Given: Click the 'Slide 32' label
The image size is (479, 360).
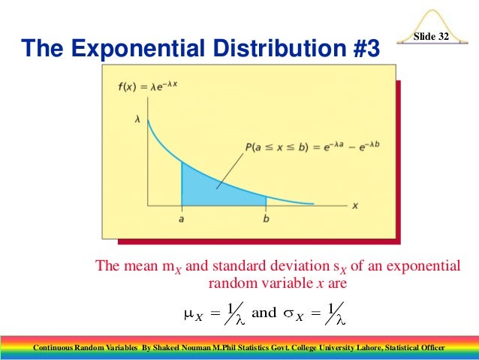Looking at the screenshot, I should pos(432,38).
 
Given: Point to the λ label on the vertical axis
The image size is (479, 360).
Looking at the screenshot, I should pos(137,119).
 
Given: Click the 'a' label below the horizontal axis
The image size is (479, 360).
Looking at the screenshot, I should pos(182,218).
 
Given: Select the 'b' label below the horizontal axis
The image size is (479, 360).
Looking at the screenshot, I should pos(267,218).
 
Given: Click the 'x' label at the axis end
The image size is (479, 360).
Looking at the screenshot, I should pos(354,204).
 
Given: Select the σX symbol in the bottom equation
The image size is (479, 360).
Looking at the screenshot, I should pos(294,314).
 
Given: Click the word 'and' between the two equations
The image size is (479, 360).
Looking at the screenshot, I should pos(264,313).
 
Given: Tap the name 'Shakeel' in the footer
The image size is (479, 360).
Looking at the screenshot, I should pos(169,348).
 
